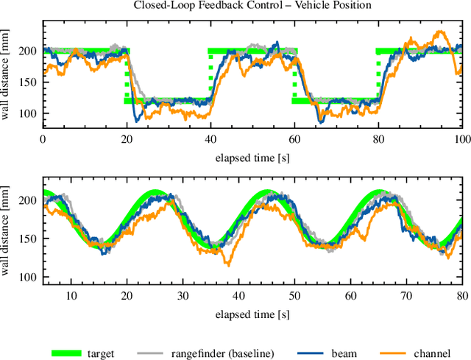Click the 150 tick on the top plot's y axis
click(28, 82)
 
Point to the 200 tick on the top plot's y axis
click(28, 52)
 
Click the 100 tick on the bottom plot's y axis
click(28, 277)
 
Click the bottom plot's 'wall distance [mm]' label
click(7, 230)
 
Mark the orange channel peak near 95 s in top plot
click(440, 32)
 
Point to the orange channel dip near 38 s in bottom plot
click(228, 264)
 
